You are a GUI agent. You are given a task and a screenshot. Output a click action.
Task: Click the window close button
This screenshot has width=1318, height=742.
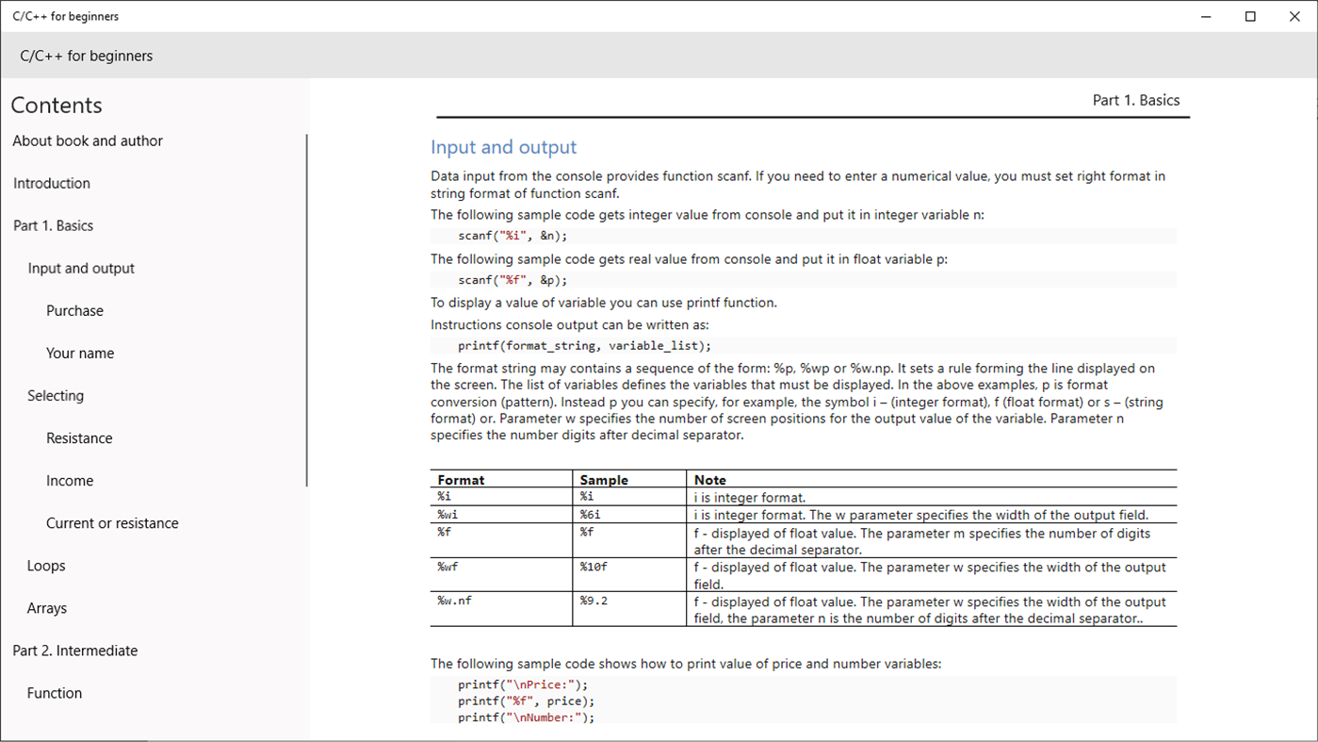tap(1294, 16)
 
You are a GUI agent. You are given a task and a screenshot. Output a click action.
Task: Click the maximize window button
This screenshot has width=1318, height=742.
tap(1250, 16)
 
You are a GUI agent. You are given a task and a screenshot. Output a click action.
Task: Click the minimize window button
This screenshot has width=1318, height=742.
tap(1207, 16)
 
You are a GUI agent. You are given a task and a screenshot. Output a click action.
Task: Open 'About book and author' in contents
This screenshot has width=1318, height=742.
tap(88, 140)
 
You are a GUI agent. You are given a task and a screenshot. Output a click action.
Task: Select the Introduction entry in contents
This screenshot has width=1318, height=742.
tap(52, 183)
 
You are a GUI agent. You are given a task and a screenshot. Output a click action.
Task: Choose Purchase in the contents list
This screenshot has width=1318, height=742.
tap(74, 310)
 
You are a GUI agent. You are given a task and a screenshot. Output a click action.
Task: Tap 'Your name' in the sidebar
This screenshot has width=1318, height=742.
tap(80, 353)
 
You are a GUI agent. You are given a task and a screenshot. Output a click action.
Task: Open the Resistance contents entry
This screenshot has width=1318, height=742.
tap(79, 437)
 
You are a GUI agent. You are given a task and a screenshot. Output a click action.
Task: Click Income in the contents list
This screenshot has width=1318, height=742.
tap(70, 480)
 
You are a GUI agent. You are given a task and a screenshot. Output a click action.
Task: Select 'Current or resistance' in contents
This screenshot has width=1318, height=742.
tap(112, 522)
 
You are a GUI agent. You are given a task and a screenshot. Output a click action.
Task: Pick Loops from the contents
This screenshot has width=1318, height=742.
tap(46, 565)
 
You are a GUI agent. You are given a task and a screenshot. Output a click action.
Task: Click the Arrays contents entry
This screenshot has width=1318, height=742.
tap(47, 607)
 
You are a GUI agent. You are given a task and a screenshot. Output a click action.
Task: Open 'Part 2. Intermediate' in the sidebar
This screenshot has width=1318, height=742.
tap(75, 650)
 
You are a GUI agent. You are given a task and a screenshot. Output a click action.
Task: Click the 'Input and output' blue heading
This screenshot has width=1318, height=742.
tap(503, 147)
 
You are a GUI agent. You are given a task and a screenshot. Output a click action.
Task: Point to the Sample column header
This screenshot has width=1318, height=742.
tap(604, 480)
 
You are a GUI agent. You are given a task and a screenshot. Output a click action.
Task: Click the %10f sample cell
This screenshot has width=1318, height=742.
tap(594, 568)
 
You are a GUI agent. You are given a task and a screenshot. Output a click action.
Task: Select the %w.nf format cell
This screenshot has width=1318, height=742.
tap(455, 602)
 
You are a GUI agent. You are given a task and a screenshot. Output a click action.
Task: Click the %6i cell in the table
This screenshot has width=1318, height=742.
tap(591, 515)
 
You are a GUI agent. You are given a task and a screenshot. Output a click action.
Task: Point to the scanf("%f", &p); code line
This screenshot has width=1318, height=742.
tap(513, 280)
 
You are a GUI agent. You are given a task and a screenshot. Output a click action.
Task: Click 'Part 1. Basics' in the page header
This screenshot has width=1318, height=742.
tap(1135, 100)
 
